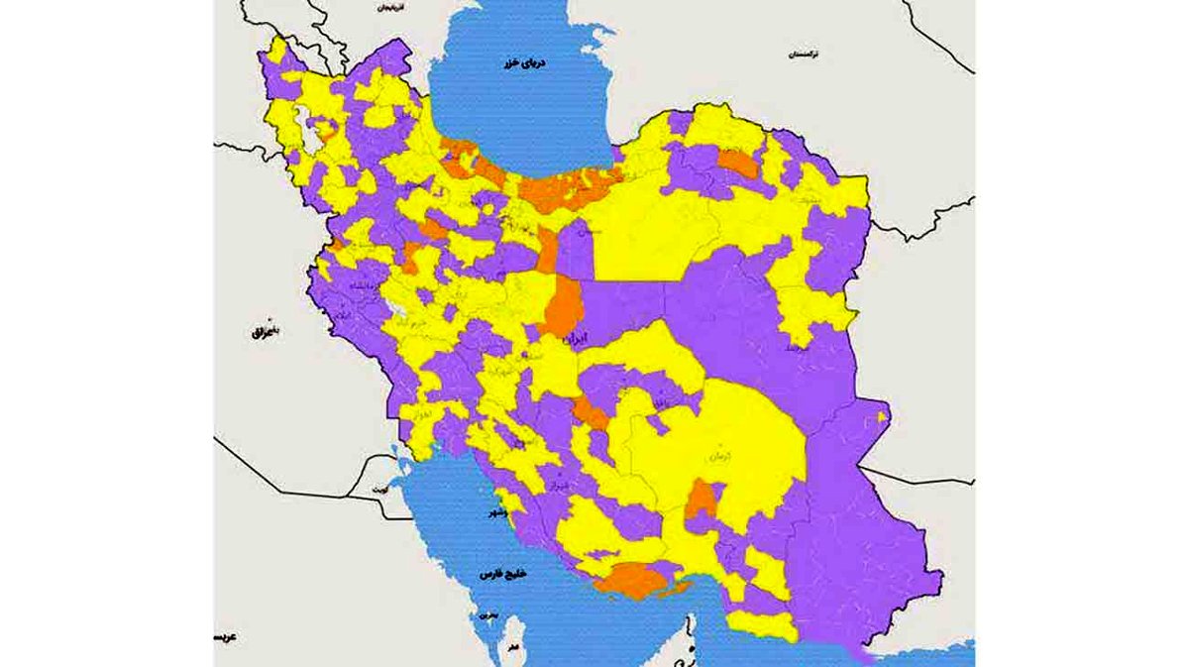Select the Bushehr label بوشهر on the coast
pos(492,516)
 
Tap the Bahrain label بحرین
pos(486,614)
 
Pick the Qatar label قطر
pos(512,646)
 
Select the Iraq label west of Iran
pos(262,333)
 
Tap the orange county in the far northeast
pos(737,164)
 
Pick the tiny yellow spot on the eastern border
pos(882,418)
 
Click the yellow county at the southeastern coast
pos(763,625)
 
